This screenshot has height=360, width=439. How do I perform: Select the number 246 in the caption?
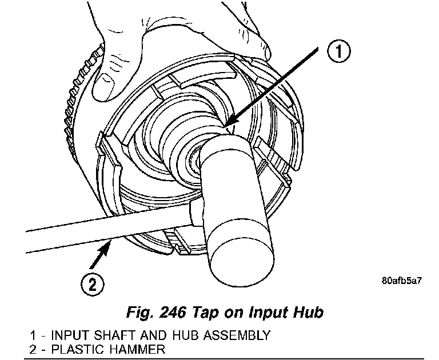pos(174,313)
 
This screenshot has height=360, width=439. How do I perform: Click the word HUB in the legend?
pos(175,334)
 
